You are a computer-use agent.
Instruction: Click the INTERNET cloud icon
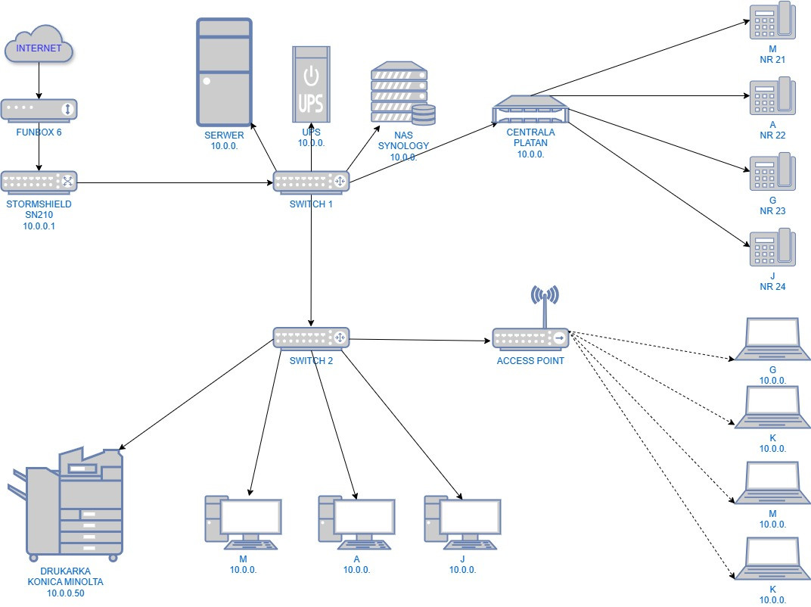39,48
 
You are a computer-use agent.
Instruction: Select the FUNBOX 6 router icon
39,111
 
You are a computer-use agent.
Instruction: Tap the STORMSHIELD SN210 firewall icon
39,182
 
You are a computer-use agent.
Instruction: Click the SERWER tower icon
224,72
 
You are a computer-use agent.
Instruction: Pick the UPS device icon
311,84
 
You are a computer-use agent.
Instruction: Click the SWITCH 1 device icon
311,182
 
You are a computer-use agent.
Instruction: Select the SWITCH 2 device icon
311,338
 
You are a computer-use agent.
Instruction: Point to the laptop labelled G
772,340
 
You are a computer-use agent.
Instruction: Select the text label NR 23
772,211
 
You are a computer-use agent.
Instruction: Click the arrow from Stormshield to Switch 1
174,182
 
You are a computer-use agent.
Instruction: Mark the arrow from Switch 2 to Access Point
420,340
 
